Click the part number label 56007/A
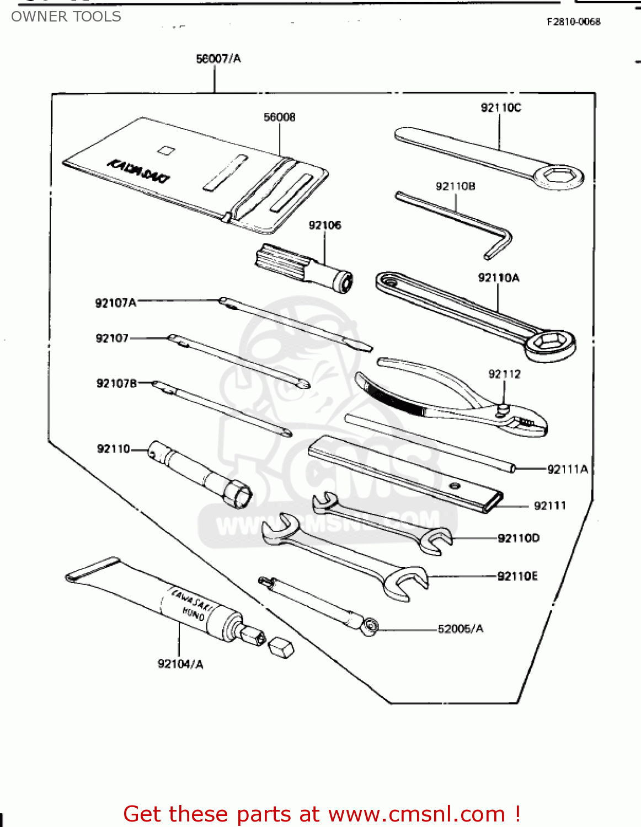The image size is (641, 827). click(218, 58)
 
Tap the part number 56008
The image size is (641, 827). click(279, 117)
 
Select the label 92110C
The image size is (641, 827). click(500, 108)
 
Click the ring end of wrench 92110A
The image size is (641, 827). click(549, 343)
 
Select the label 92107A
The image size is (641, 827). click(115, 303)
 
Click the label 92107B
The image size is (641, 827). click(116, 383)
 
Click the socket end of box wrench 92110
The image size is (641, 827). click(238, 493)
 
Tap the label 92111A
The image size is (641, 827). click(567, 469)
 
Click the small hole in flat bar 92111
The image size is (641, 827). click(454, 486)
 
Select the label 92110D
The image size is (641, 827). click(519, 538)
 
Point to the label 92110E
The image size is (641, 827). click(517, 576)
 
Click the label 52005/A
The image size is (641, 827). click(460, 629)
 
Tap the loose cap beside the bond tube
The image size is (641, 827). click(281, 647)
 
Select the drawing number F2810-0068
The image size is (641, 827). click(573, 22)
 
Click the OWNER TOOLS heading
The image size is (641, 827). click(66, 17)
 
